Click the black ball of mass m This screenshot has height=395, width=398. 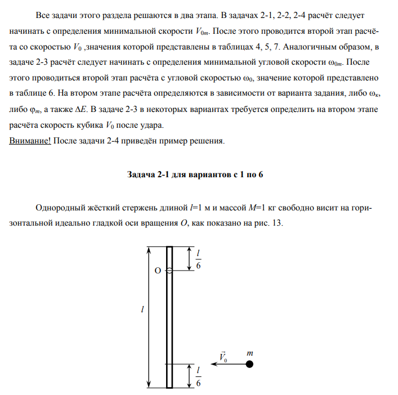250,365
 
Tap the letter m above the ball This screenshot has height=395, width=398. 250,353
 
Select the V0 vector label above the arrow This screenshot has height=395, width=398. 223,357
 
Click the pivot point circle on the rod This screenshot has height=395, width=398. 169,271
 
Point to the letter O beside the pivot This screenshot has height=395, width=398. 158,271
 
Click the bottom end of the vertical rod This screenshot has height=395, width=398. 169,387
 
